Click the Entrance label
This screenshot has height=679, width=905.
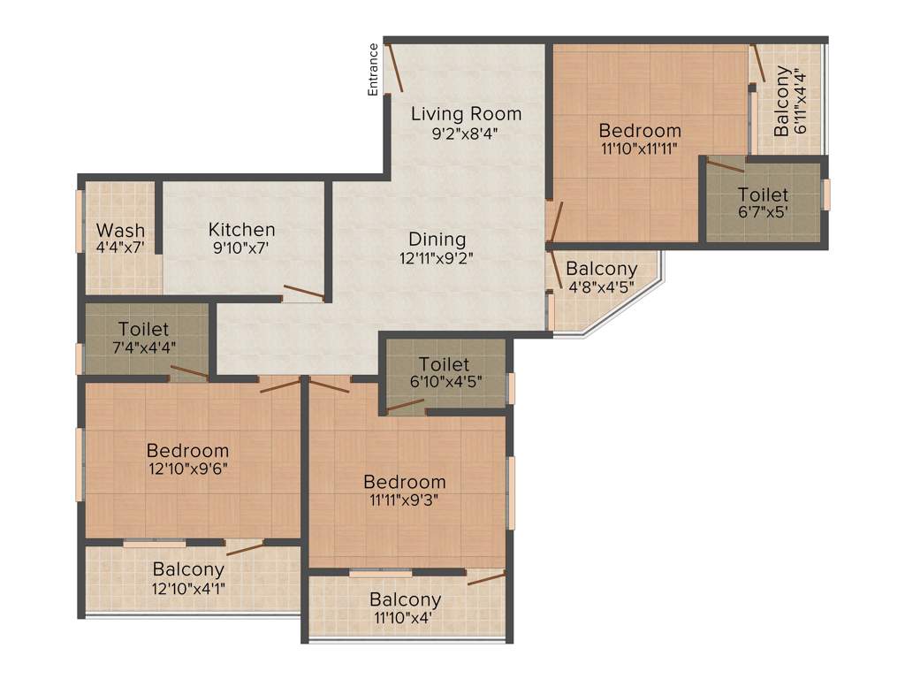click(x=374, y=69)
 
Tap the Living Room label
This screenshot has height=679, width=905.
click(x=466, y=114)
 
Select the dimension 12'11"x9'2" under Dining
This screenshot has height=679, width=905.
click(x=437, y=258)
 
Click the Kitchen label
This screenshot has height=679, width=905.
click(x=241, y=229)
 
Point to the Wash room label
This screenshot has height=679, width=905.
click(x=120, y=232)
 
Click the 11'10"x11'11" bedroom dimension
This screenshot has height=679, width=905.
click(x=639, y=149)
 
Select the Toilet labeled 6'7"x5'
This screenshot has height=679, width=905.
click(x=763, y=195)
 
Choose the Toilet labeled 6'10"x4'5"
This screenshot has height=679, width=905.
click(x=444, y=364)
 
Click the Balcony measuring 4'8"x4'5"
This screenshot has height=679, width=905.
click(x=601, y=269)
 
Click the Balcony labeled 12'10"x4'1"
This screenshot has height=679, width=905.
click(x=188, y=569)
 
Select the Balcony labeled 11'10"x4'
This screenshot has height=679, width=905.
click(x=405, y=600)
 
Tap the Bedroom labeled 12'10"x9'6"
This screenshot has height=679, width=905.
click(x=187, y=450)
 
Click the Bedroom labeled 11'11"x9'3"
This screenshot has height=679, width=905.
click(x=405, y=483)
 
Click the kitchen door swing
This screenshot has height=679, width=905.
click(x=303, y=292)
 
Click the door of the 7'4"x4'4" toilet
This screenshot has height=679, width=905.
click(x=189, y=371)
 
